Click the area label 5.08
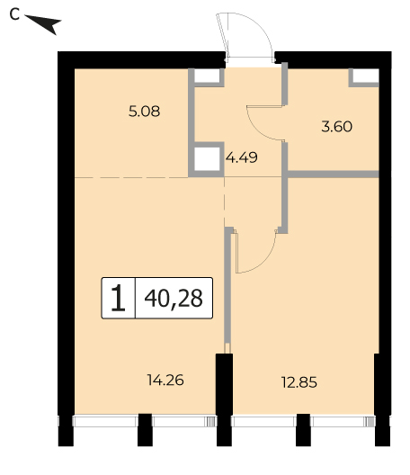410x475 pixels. click(x=144, y=112)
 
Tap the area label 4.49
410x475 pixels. click(x=242, y=157)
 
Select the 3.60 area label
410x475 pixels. click(x=336, y=127)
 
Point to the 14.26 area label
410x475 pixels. click(x=165, y=380)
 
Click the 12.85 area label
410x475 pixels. click(x=299, y=382)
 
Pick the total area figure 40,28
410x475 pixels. click(x=174, y=298)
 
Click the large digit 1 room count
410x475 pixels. click(x=118, y=299)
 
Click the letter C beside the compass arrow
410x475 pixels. click(x=14, y=14)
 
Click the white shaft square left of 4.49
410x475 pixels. click(x=207, y=159)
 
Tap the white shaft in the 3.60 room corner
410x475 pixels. click(x=366, y=76)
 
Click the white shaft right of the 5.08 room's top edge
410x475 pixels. click(x=207, y=76)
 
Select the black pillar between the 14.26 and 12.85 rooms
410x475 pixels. click(x=224, y=399)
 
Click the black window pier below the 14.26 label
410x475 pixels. click(x=145, y=429)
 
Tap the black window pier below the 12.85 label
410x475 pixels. click(x=303, y=429)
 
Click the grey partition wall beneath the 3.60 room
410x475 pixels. click(x=333, y=175)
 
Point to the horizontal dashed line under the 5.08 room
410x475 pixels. click(x=131, y=177)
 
